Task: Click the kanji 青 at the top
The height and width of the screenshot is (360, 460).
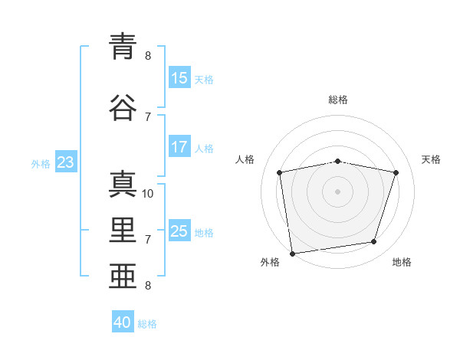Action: tap(123, 46)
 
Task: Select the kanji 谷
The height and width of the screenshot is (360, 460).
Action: tap(123, 107)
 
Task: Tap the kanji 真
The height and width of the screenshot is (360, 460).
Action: tap(123, 184)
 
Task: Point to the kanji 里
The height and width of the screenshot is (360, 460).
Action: tap(123, 230)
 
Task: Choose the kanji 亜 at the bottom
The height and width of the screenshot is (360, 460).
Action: tap(123, 276)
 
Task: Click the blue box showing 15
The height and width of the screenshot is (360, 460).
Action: tap(179, 77)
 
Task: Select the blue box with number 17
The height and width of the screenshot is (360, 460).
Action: tap(179, 146)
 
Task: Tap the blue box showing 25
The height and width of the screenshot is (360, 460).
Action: tap(179, 230)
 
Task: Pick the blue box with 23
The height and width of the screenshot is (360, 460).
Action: tap(66, 162)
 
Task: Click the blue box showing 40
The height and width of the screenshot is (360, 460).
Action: tap(123, 321)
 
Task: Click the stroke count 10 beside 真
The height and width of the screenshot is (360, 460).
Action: tap(147, 194)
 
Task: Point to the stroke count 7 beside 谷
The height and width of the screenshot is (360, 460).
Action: tap(148, 117)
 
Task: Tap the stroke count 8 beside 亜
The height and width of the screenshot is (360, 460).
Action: tap(148, 286)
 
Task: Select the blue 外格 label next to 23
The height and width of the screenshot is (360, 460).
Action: tap(41, 164)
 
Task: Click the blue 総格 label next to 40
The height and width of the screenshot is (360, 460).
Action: tap(147, 324)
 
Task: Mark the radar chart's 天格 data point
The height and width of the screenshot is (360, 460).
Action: tap(396, 172)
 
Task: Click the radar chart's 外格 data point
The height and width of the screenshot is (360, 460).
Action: tap(293, 254)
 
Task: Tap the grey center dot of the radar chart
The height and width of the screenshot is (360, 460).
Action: tap(337, 191)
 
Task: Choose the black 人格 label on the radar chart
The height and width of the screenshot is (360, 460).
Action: tap(245, 159)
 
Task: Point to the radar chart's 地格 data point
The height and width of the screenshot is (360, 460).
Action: tap(374, 241)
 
